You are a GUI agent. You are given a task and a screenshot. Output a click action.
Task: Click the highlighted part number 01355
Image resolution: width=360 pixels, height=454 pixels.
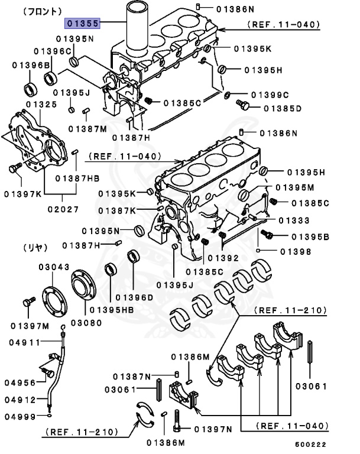(82, 24)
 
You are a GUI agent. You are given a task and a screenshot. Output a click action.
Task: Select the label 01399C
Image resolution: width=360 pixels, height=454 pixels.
(269, 95)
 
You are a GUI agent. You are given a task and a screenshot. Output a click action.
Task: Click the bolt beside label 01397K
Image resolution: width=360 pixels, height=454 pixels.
(14, 169)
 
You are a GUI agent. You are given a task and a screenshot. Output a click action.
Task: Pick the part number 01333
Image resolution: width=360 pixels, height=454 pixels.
(294, 220)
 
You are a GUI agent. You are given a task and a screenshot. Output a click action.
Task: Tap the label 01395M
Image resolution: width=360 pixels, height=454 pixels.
(294, 187)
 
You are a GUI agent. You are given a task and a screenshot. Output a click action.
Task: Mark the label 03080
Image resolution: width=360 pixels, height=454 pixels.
(86, 323)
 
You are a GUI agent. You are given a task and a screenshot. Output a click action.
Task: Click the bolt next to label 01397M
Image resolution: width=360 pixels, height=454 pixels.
(25, 303)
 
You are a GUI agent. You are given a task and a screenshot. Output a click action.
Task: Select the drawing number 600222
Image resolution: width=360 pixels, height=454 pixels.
(310, 445)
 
